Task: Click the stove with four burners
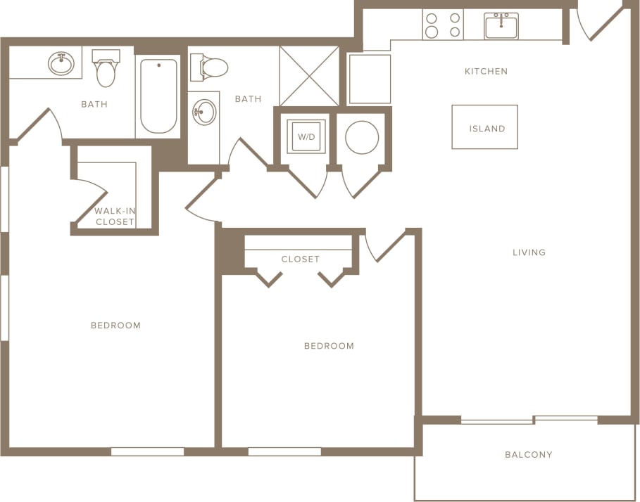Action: click(x=443, y=25)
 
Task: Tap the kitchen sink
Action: click(x=501, y=27)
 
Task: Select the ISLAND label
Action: click(x=487, y=129)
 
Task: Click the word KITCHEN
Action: click(x=486, y=71)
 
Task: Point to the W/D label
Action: click(x=306, y=137)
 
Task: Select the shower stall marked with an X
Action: click(x=309, y=76)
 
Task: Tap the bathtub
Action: click(x=158, y=96)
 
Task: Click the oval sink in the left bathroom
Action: click(x=61, y=63)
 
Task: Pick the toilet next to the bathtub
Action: click(x=106, y=68)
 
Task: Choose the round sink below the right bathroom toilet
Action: click(x=204, y=112)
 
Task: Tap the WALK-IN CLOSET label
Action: click(x=115, y=216)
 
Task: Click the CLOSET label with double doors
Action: click(x=301, y=259)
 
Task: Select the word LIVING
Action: click(x=529, y=252)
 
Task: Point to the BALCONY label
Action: click(x=529, y=454)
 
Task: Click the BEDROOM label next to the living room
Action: click(x=329, y=346)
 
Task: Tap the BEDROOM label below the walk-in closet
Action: click(x=115, y=325)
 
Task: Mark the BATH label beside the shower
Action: click(x=248, y=99)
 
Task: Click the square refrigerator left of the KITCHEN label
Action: click(x=369, y=79)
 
